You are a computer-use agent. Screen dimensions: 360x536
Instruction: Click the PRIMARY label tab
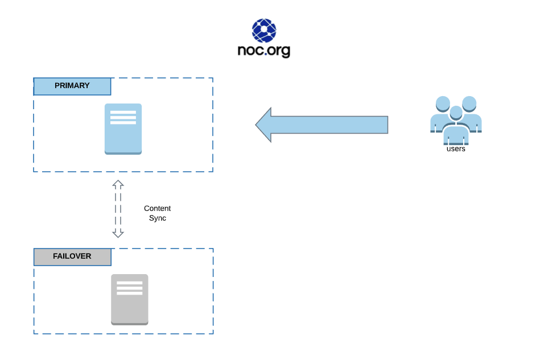[x=72, y=86]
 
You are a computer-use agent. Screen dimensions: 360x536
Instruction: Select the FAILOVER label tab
[x=72, y=256]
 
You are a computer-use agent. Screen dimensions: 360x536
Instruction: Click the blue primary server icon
[x=123, y=129]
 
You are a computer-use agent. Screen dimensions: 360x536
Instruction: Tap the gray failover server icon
[x=129, y=300]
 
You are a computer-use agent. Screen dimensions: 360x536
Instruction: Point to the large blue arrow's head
[x=263, y=125]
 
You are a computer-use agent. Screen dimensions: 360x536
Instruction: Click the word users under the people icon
[x=456, y=149]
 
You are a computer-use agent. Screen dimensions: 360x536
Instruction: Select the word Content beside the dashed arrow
[x=157, y=209]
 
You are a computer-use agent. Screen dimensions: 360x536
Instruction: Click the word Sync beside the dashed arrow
[x=157, y=218]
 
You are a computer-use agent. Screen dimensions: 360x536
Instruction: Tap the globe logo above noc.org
[x=264, y=31]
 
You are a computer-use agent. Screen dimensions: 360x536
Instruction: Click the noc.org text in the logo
[x=264, y=51]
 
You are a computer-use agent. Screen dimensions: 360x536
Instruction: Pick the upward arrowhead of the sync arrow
[x=118, y=184]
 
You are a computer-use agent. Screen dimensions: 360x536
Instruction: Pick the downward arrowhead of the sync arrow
[x=118, y=233]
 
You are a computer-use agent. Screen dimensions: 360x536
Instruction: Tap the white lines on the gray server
[x=129, y=288]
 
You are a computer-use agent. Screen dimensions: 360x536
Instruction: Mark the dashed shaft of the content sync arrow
[x=118, y=209]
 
